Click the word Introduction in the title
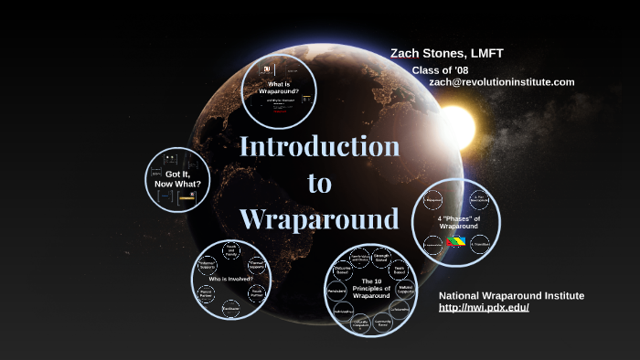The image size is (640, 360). pos(319,147)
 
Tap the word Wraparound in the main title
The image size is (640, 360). pos(319,219)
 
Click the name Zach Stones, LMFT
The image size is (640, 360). pos(446,53)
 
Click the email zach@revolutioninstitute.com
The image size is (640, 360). pos(501,82)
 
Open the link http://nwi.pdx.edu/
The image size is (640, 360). pos(484,307)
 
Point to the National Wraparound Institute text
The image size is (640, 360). pos(511,295)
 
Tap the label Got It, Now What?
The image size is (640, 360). pos(176,178)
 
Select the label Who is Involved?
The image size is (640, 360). pos(230,278)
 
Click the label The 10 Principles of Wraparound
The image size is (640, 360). pos(371,288)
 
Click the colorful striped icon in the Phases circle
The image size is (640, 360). pos(455,242)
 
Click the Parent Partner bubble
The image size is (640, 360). pos(207,294)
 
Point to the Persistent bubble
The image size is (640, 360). pos(336,291)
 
